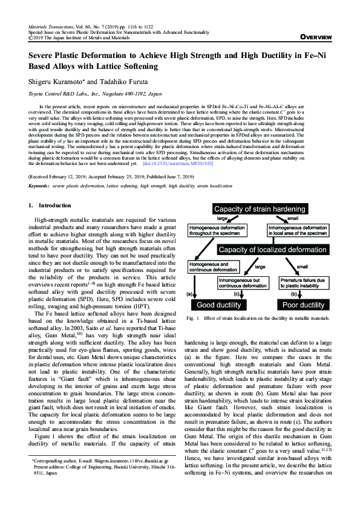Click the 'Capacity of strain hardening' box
(x=260, y=209)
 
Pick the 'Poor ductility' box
(x=304, y=304)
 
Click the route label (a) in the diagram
(x=189, y=293)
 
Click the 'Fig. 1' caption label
(x=192, y=317)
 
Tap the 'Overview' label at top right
(x=316, y=37)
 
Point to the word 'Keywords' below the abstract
(x=39, y=184)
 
